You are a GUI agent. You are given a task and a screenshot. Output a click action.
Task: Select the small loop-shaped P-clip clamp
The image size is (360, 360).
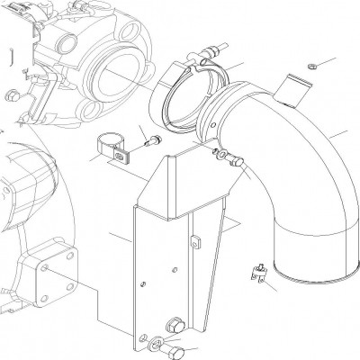pos(109,148)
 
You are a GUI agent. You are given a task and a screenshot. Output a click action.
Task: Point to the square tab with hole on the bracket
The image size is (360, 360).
pos(195,241)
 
